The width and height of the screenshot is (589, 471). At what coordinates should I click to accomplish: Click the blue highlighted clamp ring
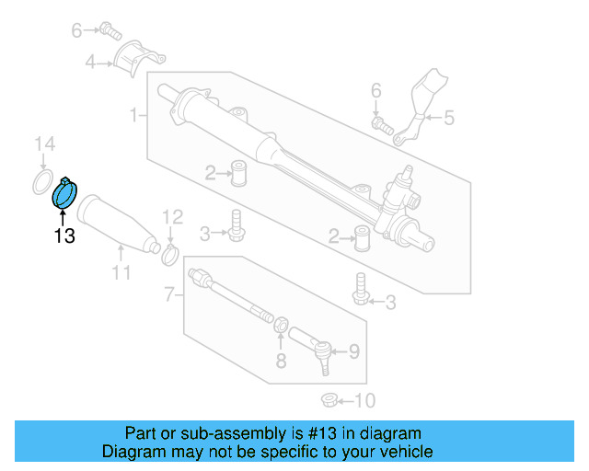tap(65, 194)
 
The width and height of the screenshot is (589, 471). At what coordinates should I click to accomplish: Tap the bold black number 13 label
tap(64, 235)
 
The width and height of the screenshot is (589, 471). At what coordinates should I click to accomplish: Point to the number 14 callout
tap(44, 144)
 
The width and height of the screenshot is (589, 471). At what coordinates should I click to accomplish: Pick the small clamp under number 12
tap(170, 252)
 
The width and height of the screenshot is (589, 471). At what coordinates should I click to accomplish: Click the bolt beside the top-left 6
tap(111, 30)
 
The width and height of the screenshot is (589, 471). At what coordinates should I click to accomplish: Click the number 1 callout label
tap(134, 115)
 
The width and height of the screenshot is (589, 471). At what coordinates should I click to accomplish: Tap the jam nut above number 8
tap(282, 324)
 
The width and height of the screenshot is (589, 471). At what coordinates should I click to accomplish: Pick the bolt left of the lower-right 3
tap(361, 289)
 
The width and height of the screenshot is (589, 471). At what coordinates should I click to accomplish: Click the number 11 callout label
tap(121, 272)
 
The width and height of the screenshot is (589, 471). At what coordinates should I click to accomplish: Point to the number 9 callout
tap(354, 350)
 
